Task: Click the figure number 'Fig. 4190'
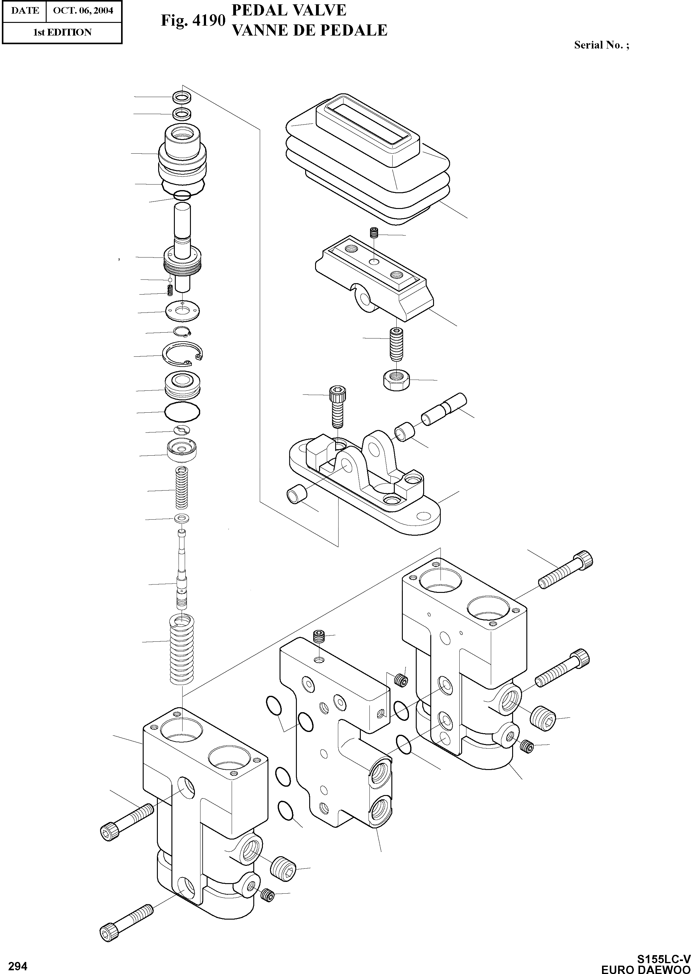[193, 20]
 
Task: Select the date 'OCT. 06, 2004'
[83, 11]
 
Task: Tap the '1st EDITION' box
[62, 32]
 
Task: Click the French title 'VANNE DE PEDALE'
[309, 30]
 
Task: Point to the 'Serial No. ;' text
[601, 45]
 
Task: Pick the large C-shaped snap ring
[183, 353]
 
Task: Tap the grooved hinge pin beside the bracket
[443, 408]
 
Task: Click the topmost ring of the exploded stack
[182, 97]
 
